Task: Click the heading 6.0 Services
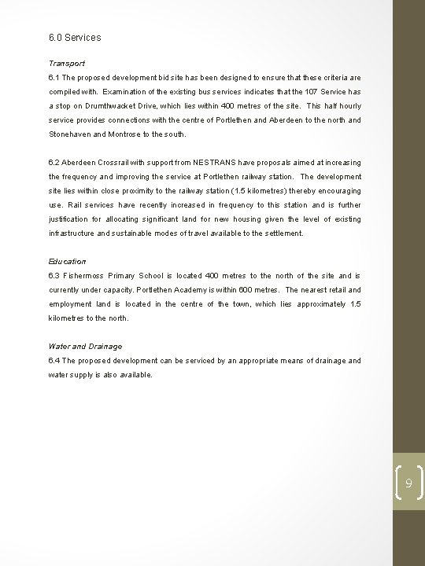(x=74, y=37)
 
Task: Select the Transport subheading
(x=67, y=63)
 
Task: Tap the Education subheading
(x=68, y=261)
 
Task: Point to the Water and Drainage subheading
(x=85, y=346)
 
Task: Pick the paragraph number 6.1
(x=54, y=78)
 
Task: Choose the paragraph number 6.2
(x=54, y=163)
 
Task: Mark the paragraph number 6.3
(x=54, y=276)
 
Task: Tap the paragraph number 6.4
(x=54, y=361)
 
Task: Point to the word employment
(x=73, y=304)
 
